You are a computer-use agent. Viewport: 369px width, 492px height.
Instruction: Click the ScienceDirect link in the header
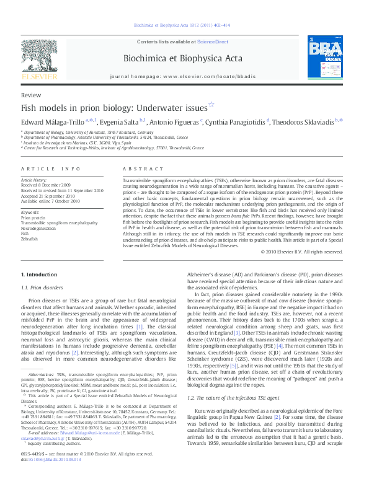[211, 41]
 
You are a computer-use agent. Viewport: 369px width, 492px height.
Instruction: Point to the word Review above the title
[31, 95]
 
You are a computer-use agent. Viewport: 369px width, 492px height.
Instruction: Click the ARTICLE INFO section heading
[51, 169]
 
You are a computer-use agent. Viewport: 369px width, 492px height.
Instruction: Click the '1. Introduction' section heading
[40, 274]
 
